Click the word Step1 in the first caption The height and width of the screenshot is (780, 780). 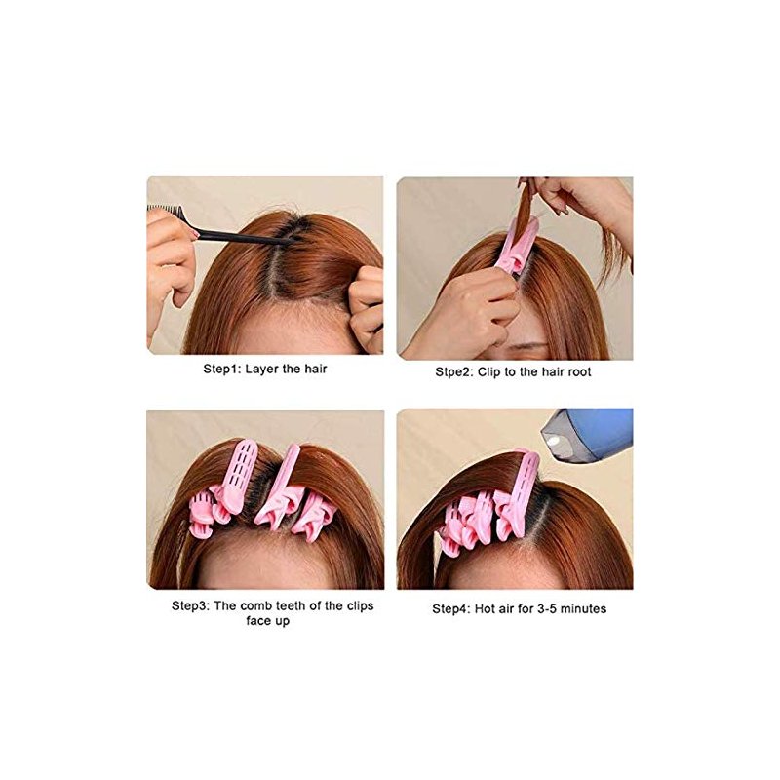222,370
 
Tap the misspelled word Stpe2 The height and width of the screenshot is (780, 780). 454,372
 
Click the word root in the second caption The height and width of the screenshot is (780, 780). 578,372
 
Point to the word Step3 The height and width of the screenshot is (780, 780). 190,606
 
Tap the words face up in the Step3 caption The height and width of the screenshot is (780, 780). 267,621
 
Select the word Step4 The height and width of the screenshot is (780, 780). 451,608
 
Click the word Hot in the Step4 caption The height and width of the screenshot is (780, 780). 484,608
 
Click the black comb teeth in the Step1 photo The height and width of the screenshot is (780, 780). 164,212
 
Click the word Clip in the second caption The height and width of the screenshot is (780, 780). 488,372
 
